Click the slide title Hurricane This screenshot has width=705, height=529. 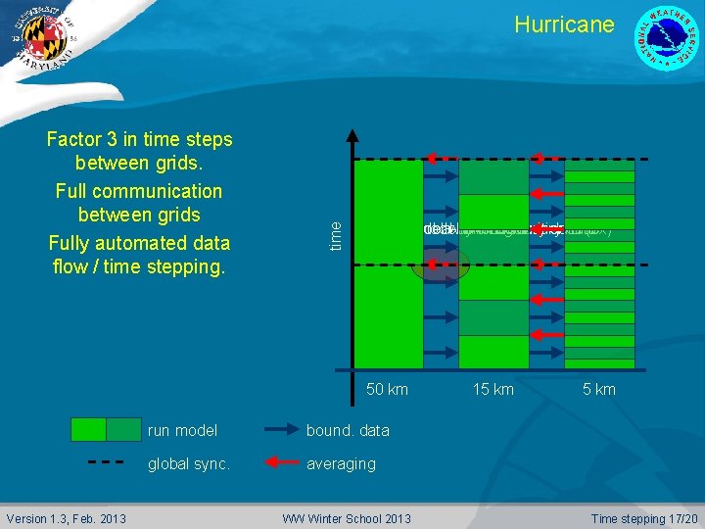click(x=564, y=24)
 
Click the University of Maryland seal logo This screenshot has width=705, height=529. click(x=39, y=38)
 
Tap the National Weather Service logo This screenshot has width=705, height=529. click(x=667, y=38)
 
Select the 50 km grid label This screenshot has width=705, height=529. click(x=387, y=390)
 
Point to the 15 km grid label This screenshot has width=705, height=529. click(x=493, y=390)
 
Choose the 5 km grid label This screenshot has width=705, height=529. click(x=598, y=390)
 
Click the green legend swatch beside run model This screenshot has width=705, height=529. click(x=106, y=430)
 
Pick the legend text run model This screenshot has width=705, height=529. click(x=182, y=430)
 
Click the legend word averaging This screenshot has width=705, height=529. click(x=341, y=463)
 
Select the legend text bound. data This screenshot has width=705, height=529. click(x=348, y=430)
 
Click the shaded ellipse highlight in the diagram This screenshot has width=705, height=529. click(x=441, y=264)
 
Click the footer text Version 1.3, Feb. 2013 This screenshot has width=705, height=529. click(x=66, y=518)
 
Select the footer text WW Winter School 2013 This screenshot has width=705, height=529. click(x=347, y=518)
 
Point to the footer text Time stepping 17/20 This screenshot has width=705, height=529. click(x=644, y=518)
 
